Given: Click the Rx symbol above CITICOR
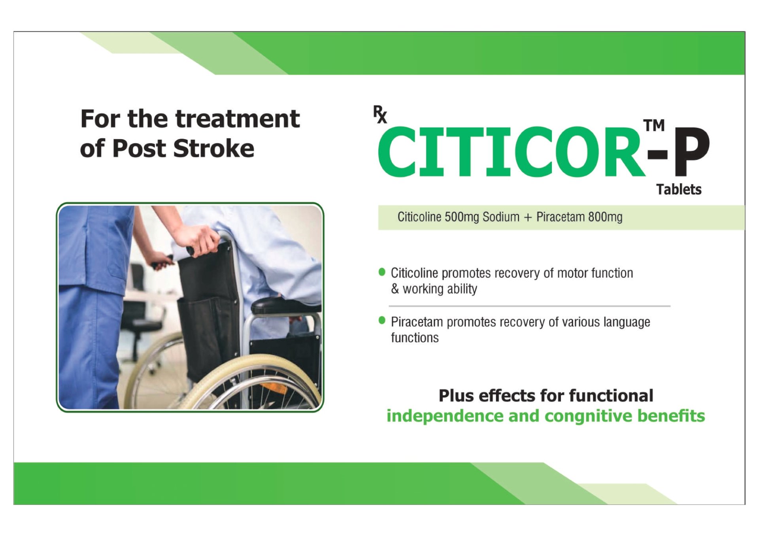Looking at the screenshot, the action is click(380, 115).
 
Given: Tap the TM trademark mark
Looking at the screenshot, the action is click(654, 125).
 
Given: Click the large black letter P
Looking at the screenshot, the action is click(691, 151).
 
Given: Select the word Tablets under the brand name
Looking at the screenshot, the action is click(679, 189).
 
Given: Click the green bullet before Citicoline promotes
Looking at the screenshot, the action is click(382, 272).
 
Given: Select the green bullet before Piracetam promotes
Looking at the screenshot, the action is click(382, 320).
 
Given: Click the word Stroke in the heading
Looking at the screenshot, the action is click(213, 149).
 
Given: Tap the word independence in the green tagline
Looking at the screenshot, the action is click(444, 416).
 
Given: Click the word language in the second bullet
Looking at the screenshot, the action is click(627, 323).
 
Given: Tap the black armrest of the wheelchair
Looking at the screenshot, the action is click(285, 305).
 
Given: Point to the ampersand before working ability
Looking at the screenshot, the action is click(395, 289).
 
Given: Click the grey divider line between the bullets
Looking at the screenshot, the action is click(530, 306).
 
